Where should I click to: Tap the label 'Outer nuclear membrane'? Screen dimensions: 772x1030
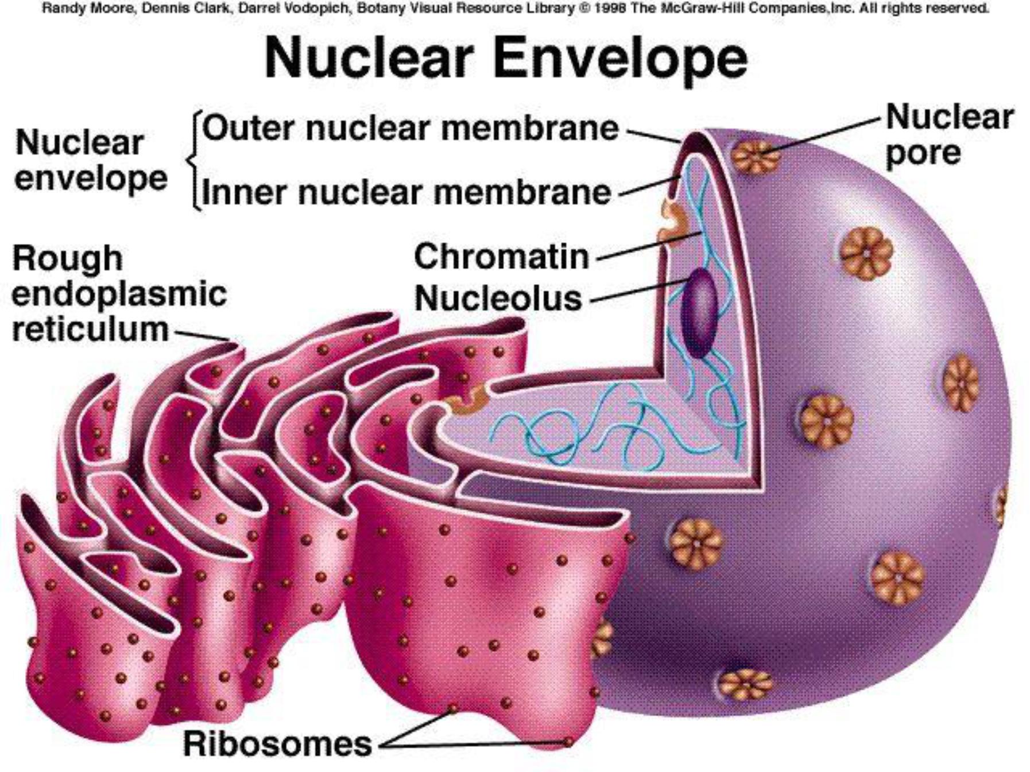410,127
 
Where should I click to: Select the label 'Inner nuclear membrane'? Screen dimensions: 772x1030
406,192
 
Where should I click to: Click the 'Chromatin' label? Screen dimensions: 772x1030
501,256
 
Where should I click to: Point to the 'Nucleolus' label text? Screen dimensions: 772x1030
498,298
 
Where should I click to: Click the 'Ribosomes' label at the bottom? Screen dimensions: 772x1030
277,744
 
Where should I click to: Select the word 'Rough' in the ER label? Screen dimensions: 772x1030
67,258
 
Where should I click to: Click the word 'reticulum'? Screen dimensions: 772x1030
90,329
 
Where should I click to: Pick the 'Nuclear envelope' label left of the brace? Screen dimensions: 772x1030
90,160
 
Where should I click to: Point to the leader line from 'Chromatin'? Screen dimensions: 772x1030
649,246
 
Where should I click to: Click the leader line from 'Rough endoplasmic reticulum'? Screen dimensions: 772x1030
201,335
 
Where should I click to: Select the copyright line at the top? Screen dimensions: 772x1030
515,9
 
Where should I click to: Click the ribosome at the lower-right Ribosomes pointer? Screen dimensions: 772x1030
568,742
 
